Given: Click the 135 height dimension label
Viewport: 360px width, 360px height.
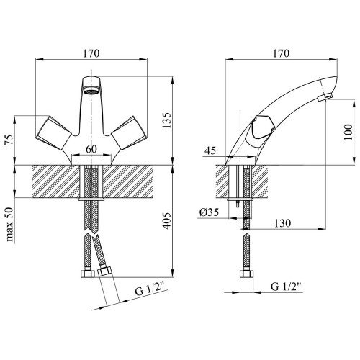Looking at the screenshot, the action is tap(167, 120).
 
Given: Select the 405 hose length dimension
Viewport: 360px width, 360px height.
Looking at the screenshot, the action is tap(167, 221).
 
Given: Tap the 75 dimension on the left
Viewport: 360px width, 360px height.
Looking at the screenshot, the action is tap(9, 140).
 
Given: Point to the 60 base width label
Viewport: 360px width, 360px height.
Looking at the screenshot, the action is tap(91, 149).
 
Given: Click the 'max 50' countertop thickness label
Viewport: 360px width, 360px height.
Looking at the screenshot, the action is tap(9, 225).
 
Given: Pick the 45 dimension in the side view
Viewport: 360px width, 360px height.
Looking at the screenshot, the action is tap(210, 150).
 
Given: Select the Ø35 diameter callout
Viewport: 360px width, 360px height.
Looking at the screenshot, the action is tap(209, 212).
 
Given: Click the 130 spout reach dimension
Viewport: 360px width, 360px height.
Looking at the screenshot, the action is tap(282, 223).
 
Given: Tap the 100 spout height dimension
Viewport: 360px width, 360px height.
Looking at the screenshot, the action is tap(348, 132).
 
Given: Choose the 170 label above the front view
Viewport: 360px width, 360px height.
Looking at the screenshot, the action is tap(91, 53).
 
